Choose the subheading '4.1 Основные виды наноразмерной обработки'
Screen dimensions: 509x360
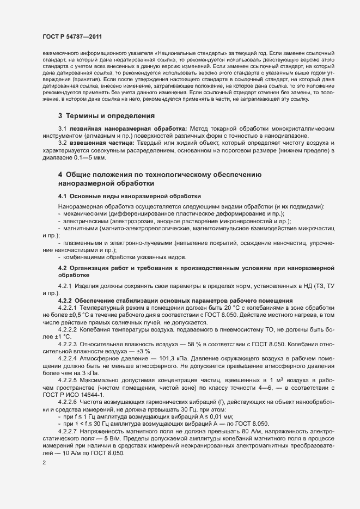click(x=130, y=195)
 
